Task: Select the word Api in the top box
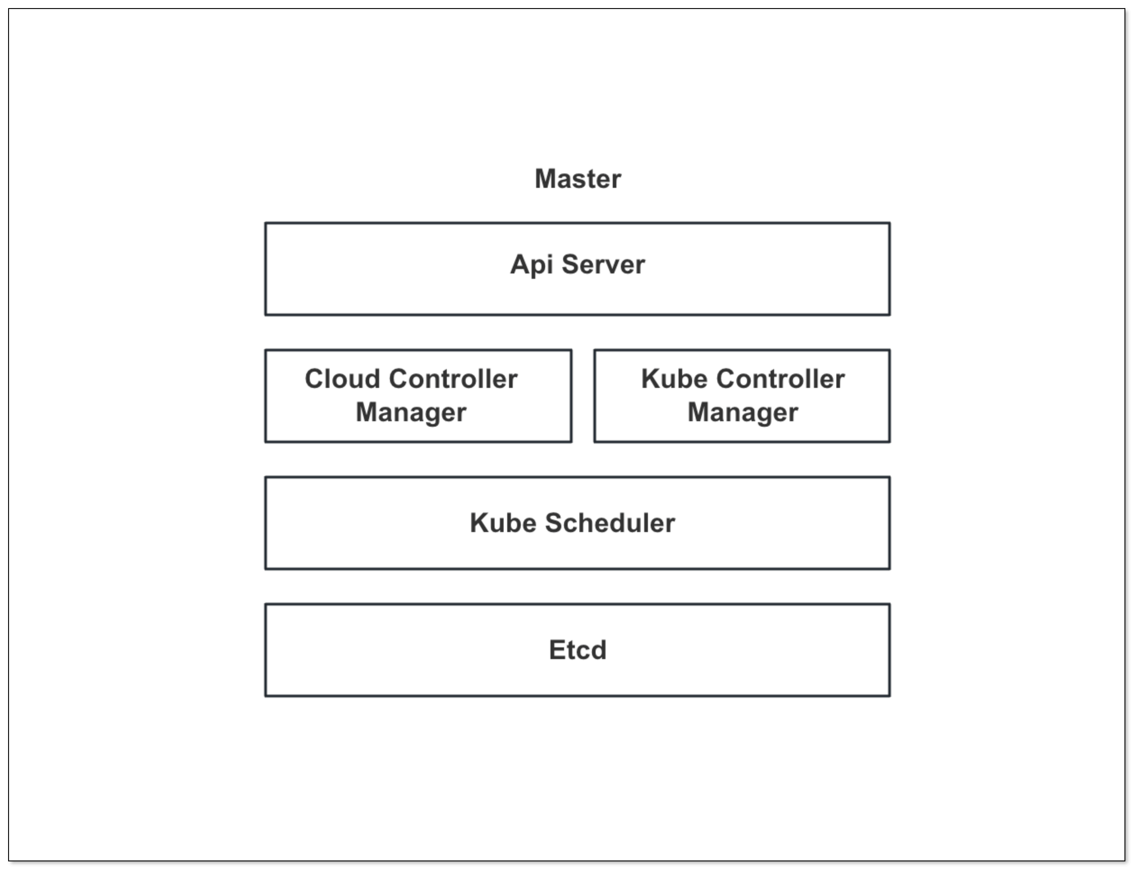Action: pos(531,265)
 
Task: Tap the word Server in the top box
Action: pos(603,264)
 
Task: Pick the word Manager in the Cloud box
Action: pos(411,413)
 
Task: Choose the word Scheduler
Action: pos(610,523)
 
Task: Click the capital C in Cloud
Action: pos(316,379)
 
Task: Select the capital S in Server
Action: pos(572,264)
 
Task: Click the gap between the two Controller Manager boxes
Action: pos(583,396)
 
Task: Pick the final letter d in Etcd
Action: pos(599,650)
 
